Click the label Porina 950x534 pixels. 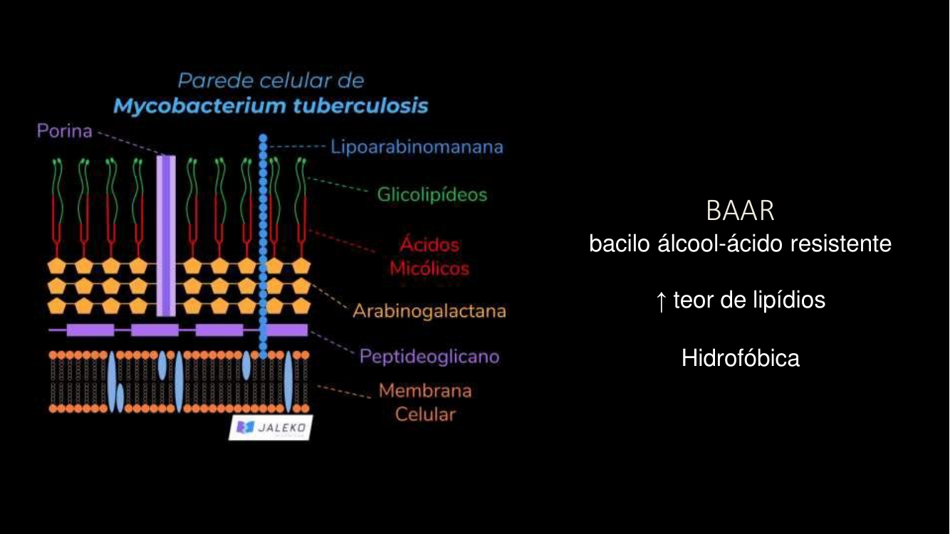(65, 132)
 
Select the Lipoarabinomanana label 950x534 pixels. (417, 147)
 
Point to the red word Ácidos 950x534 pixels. (429, 245)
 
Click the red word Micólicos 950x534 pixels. (429, 268)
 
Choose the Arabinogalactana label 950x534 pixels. (429, 311)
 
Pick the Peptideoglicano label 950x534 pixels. (429, 356)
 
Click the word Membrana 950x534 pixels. (425, 391)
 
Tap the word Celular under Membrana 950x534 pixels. (425, 414)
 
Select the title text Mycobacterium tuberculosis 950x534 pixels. (271, 106)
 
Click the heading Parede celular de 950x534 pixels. (271, 80)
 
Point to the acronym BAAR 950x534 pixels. (740, 211)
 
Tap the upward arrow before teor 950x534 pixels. (661, 301)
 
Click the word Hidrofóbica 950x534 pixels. (740, 357)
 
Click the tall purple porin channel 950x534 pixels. (165, 235)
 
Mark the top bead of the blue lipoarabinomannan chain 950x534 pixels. (263, 137)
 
